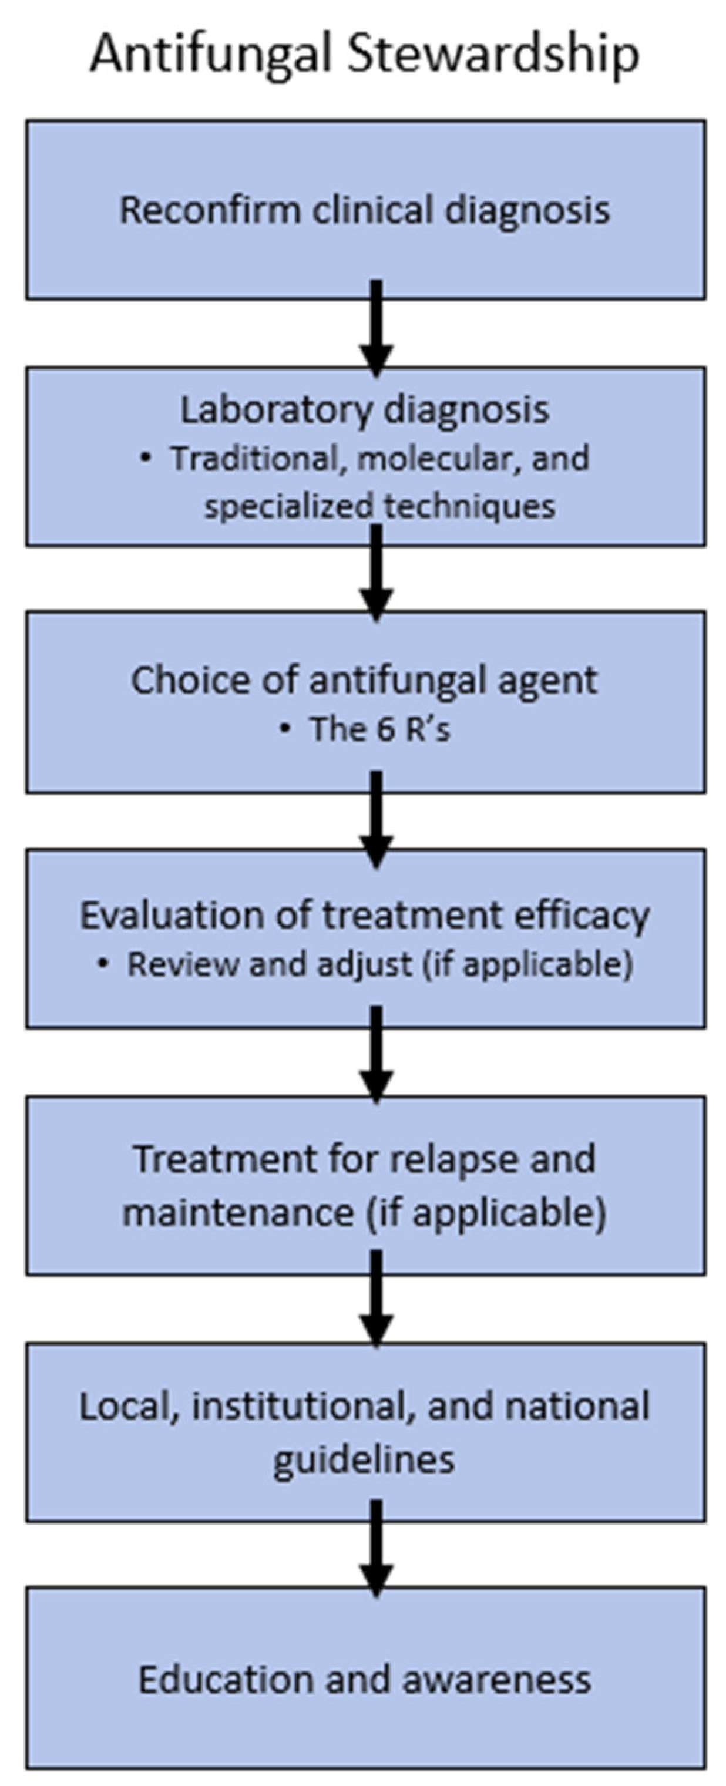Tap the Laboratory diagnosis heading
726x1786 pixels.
365,410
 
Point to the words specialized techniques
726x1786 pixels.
379,506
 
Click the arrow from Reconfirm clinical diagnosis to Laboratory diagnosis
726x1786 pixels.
376,329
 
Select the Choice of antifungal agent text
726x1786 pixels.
364,680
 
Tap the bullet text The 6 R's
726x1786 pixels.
379,729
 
